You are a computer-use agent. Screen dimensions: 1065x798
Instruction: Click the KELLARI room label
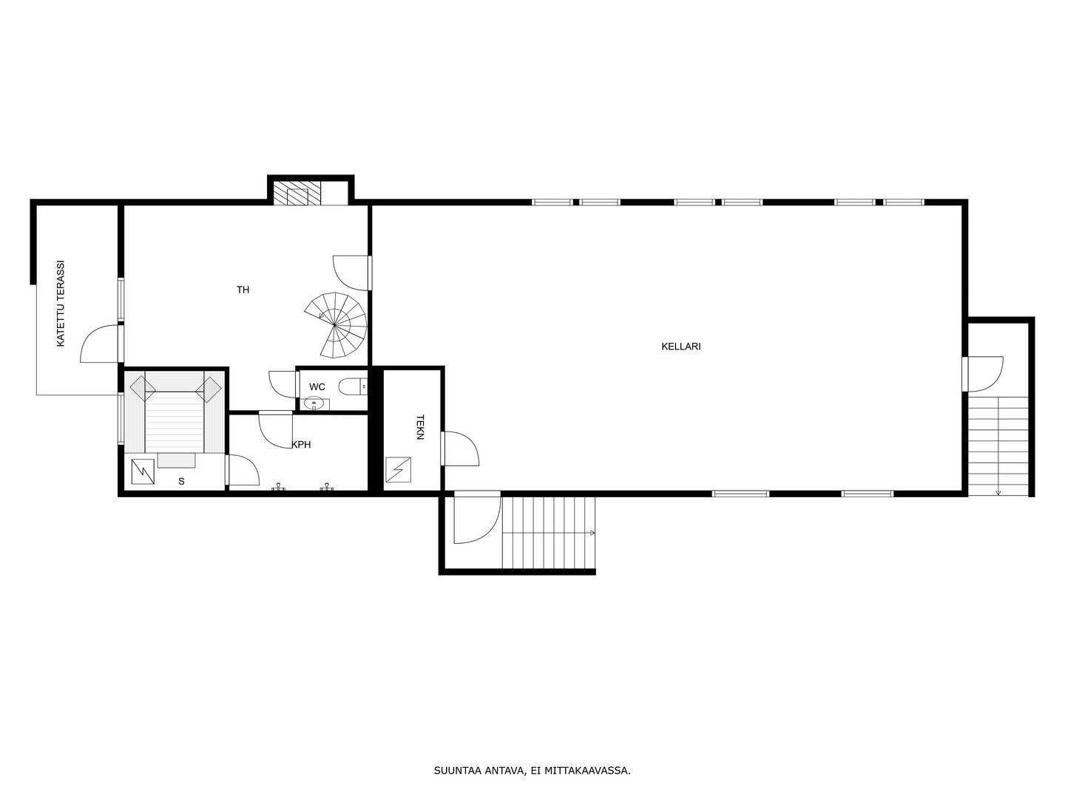click(x=680, y=347)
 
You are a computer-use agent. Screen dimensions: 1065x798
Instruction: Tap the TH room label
click(x=243, y=290)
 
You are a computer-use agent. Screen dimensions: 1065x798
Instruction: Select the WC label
click(x=317, y=387)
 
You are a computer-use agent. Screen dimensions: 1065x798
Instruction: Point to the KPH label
click(x=301, y=444)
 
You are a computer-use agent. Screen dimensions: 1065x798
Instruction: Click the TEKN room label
click(x=420, y=427)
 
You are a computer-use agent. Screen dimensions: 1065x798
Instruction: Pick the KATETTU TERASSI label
click(x=61, y=304)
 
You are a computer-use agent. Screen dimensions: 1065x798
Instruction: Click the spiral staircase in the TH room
click(x=336, y=325)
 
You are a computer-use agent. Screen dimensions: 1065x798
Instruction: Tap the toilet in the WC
click(x=353, y=386)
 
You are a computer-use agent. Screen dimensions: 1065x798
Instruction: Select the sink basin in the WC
click(x=314, y=403)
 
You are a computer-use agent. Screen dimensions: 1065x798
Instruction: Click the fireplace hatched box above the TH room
click(x=297, y=194)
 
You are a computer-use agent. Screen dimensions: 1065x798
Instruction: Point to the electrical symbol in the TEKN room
click(x=398, y=469)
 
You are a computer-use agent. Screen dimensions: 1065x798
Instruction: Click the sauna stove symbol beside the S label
click(x=143, y=471)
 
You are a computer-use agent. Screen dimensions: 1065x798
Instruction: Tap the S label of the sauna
click(x=181, y=481)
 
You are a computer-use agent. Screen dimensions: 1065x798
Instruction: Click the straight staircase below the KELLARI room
click(x=549, y=533)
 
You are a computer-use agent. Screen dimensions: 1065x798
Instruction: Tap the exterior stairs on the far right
click(x=998, y=446)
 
